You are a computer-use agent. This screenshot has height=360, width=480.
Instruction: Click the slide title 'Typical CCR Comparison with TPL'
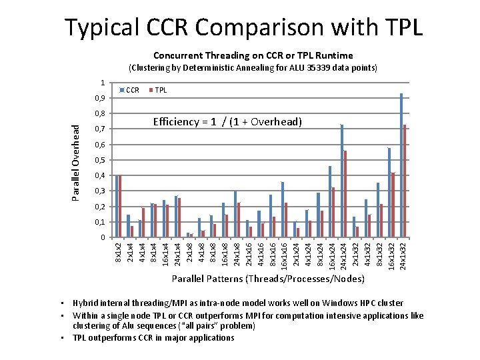point(243,27)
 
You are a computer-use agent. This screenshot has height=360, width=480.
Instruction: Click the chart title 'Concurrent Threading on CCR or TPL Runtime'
point(253,55)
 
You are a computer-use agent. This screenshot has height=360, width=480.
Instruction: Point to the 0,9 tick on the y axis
point(99,98)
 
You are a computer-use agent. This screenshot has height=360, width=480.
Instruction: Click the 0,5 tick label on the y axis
point(99,160)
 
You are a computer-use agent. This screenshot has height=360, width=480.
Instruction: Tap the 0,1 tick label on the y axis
point(99,222)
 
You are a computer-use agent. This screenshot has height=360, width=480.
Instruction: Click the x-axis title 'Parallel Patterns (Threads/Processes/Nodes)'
point(268,278)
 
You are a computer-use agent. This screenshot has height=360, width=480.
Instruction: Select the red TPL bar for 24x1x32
point(405,181)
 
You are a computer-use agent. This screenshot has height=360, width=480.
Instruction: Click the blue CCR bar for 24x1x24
point(342,181)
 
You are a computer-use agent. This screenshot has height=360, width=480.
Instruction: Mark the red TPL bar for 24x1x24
point(345,194)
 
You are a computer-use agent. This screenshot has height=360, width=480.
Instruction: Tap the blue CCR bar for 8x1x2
point(117,207)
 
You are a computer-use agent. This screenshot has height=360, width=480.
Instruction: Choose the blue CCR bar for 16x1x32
point(389,193)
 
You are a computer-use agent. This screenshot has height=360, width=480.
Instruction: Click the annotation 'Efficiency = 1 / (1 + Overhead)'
point(227,122)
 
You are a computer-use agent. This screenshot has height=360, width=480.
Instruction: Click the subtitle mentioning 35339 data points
point(253,68)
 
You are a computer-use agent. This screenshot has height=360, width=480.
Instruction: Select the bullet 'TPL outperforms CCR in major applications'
point(153,338)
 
